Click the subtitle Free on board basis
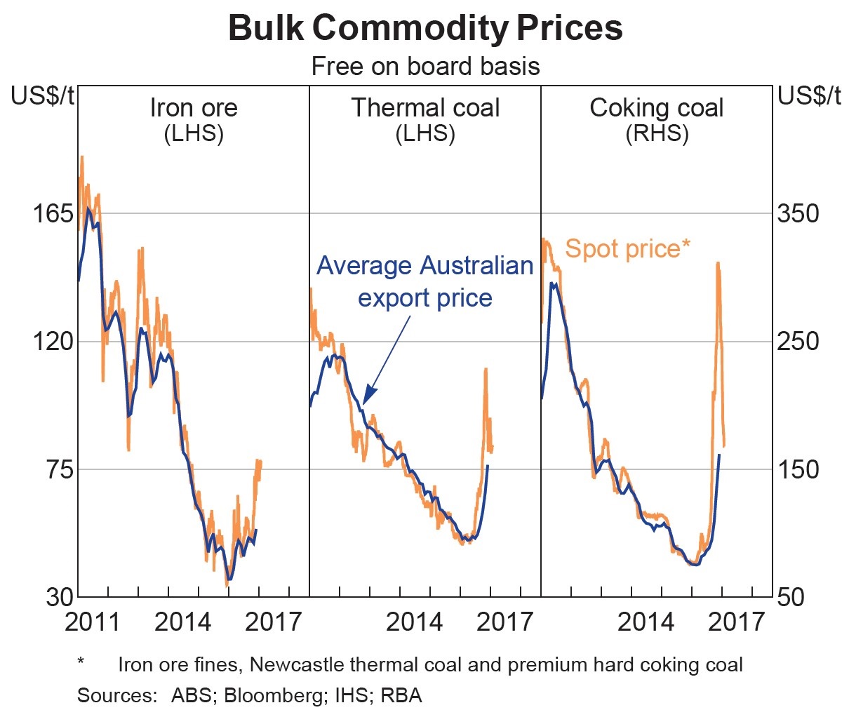click(425, 67)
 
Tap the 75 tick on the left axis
click(59, 469)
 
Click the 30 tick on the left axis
click(59, 597)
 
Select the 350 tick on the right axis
click(798, 213)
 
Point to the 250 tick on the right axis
click(798, 342)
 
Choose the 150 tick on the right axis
click(798, 469)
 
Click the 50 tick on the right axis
click(791, 597)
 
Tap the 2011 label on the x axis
click(93, 622)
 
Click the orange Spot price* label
click(627, 248)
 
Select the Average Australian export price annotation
click(425, 281)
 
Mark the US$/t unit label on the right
click(809, 96)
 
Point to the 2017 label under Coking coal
click(736, 622)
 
